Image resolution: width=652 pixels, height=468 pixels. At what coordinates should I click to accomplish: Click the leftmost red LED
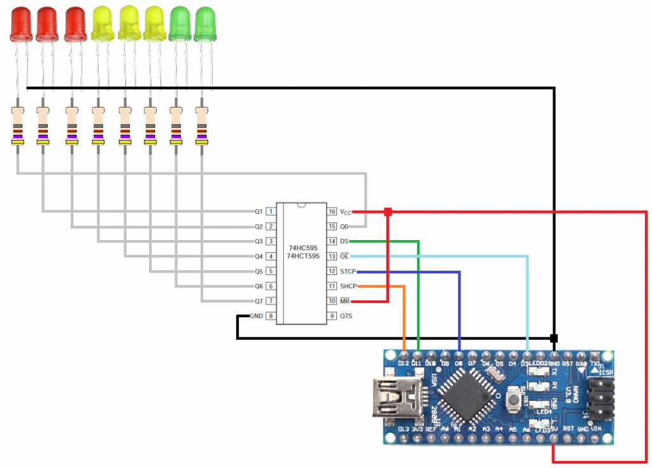[21, 24]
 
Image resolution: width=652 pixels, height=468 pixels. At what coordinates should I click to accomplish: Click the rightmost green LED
[204, 24]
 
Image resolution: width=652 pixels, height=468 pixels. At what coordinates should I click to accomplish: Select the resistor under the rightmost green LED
[202, 126]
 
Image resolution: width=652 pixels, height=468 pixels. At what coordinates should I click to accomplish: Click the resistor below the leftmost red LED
[18, 126]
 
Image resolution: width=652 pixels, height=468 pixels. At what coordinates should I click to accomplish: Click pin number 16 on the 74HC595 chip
[332, 211]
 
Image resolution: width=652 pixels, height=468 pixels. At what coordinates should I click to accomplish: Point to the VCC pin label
[346, 211]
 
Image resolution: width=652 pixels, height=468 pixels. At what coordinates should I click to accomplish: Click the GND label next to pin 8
[256, 316]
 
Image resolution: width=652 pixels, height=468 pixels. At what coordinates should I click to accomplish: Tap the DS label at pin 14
[344, 241]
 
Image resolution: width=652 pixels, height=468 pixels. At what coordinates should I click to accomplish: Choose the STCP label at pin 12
[348, 271]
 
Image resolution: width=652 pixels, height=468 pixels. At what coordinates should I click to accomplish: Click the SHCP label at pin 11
[348, 286]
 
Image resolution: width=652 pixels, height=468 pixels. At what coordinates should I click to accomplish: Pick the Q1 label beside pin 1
[259, 211]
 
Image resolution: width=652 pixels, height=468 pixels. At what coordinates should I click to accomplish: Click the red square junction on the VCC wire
[388, 211]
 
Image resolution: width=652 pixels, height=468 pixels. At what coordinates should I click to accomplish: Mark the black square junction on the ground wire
[554, 337]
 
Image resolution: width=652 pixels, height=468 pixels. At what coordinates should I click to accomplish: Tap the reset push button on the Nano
[513, 401]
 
